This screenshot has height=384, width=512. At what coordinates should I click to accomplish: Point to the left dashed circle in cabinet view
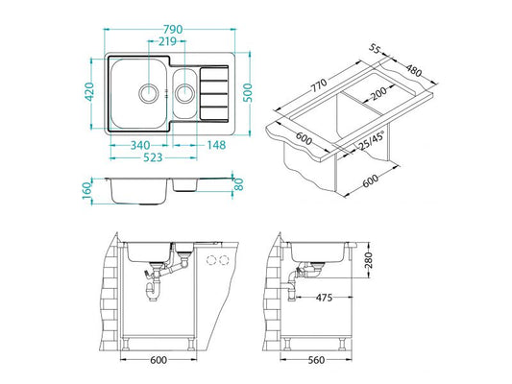(x=211, y=261)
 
